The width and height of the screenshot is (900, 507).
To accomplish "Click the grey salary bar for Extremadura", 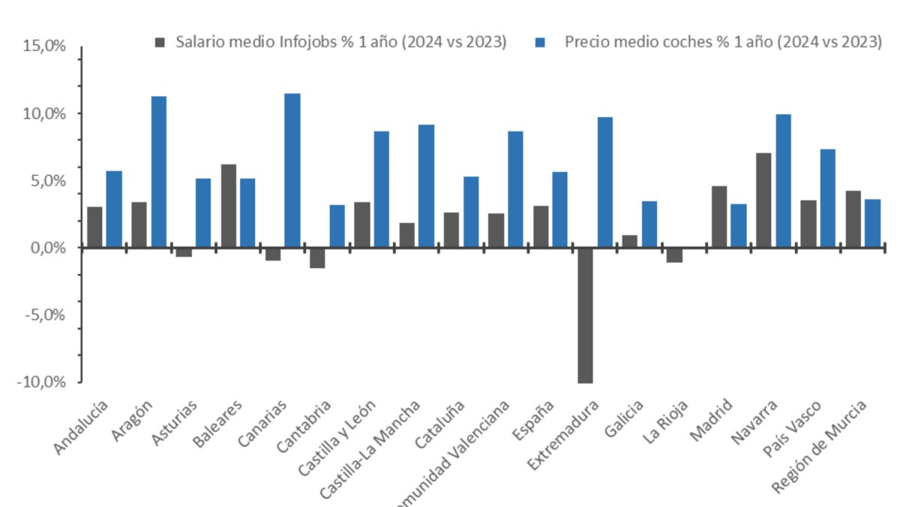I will tap(585, 315).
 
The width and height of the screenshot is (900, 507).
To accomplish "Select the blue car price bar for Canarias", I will tap(292, 171).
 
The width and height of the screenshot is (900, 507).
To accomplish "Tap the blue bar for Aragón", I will tap(158, 172).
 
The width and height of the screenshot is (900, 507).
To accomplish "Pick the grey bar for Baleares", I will tap(228, 206).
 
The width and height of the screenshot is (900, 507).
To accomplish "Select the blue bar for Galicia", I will tap(649, 224).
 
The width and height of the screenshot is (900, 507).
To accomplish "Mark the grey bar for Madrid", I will tap(718, 216).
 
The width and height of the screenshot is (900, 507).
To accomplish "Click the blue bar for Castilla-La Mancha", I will tap(426, 186).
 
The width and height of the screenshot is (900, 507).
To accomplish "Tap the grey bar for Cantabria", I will tap(317, 258).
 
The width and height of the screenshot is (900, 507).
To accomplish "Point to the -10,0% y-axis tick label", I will tap(42, 382).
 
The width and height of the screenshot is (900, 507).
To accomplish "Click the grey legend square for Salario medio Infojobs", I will tap(160, 41).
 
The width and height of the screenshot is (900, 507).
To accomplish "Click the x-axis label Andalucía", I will tap(82, 427).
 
